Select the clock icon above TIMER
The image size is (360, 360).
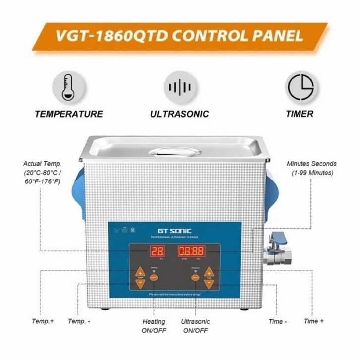coord(300,87)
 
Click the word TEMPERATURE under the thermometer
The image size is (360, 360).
coord(68,114)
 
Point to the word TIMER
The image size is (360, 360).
coord(300,114)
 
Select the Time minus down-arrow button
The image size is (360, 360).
coord(209,283)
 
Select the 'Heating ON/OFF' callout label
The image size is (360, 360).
coord(154,326)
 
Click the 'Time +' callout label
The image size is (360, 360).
coord(314,321)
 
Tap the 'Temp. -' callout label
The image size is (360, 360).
coord(79,321)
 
